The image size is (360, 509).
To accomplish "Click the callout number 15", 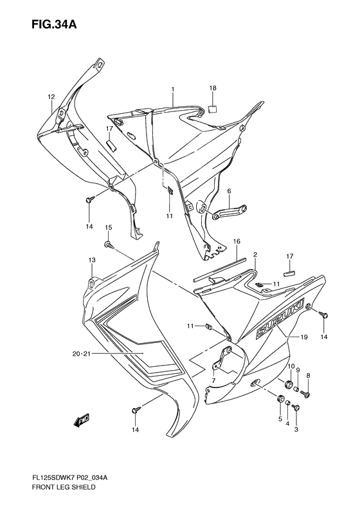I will (109, 228).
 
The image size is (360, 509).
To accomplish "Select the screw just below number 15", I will (108, 244).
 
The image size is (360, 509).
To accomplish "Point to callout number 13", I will (91, 259).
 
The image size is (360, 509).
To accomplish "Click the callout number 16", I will (237, 241).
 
